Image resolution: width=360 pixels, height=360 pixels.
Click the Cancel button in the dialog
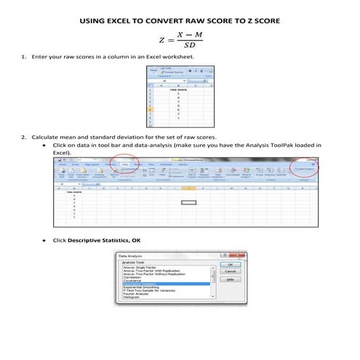click(229, 271)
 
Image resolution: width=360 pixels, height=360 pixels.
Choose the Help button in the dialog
click(229, 279)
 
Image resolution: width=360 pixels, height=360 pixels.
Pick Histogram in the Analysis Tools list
click(132, 297)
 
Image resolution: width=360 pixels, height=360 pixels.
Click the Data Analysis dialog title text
click(131, 256)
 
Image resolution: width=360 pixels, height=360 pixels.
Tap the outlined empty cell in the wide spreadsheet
click(190, 189)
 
